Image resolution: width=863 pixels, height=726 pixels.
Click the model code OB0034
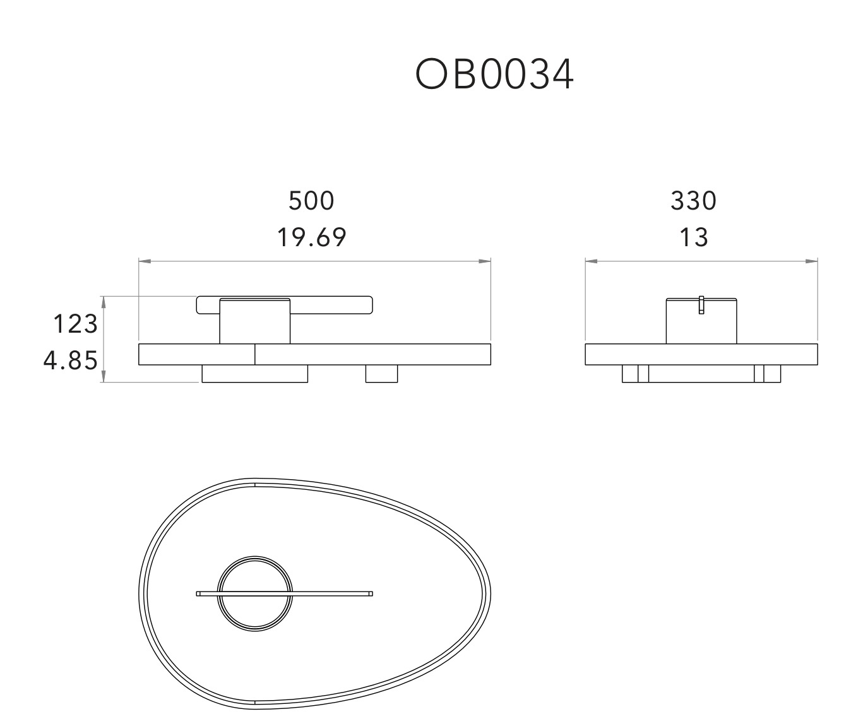[494, 74]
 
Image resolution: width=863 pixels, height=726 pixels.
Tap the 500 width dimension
[311, 201]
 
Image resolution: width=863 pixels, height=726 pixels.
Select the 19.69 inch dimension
[312, 238]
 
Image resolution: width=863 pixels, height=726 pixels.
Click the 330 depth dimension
[693, 201]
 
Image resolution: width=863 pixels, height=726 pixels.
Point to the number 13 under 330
[694, 238]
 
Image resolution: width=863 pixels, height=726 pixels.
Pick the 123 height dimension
[76, 324]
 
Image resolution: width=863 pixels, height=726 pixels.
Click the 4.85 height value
[71, 360]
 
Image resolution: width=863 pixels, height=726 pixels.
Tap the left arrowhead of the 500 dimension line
[145, 261]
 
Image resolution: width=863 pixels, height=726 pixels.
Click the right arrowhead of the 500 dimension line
[485, 261]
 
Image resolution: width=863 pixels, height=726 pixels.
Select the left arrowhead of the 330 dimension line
[591, 261]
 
